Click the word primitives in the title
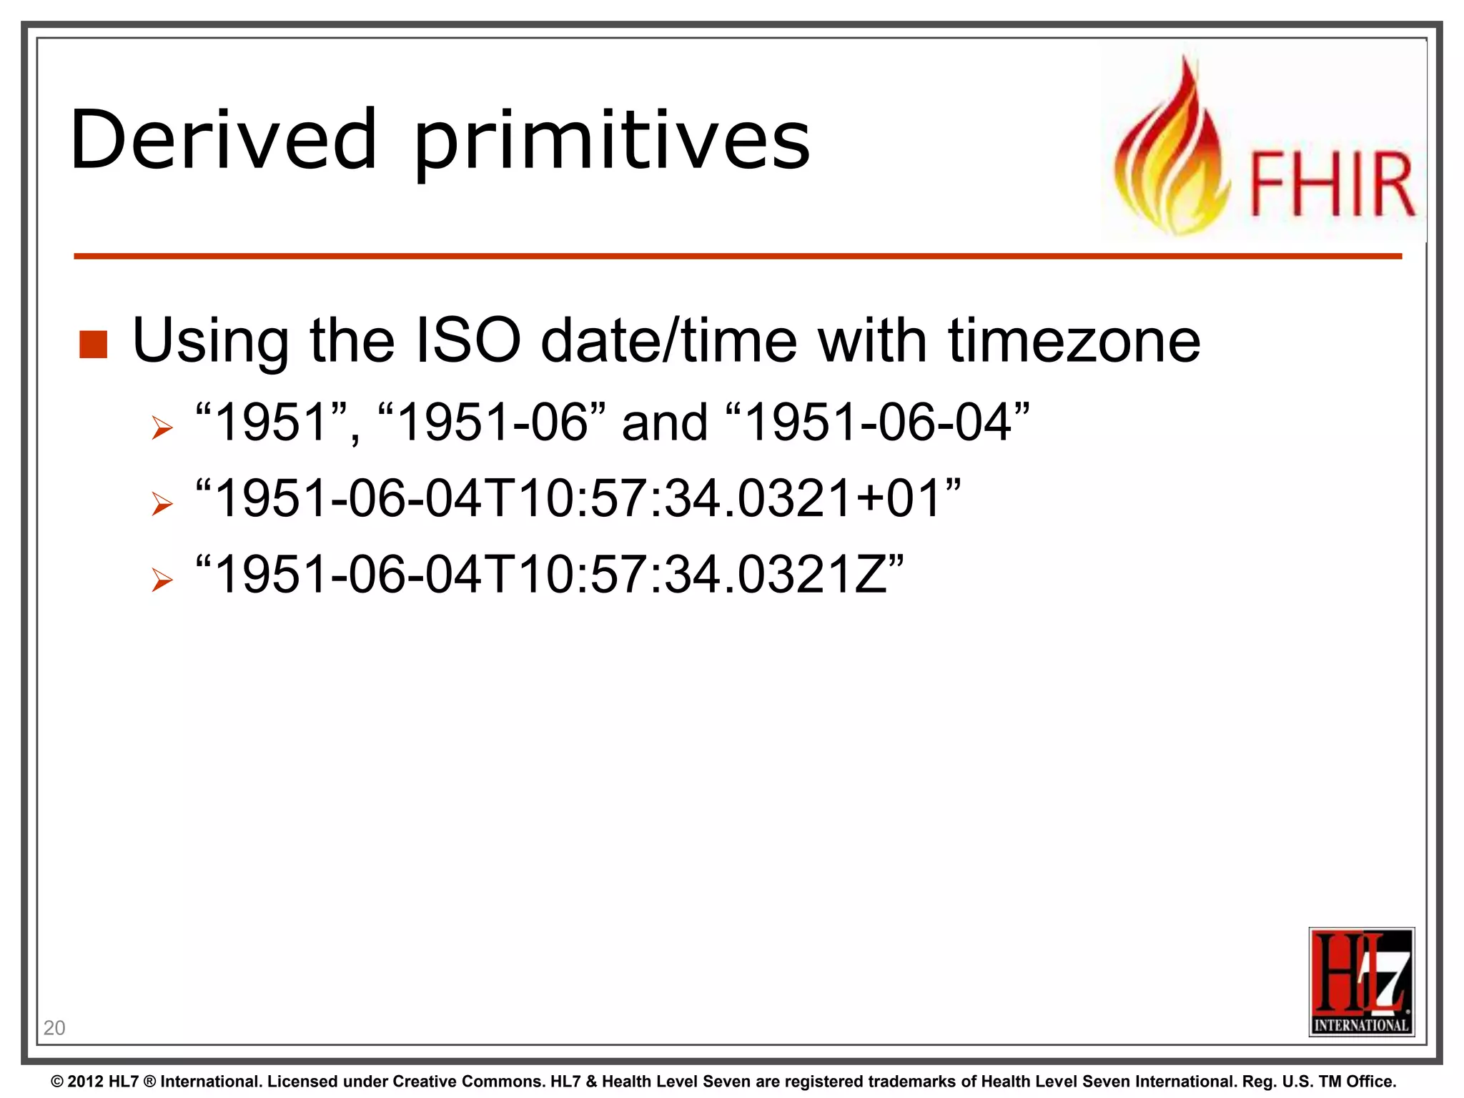(612, 143)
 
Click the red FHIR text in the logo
(1332, 184)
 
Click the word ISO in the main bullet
(468, 340)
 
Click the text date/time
(668, 340)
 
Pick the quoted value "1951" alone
(272, 422)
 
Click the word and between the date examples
(665, 423)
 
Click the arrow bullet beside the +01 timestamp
(162, 505)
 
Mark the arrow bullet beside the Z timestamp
(162, 580)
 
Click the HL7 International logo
(1361, 981)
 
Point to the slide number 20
(54, 1028)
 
